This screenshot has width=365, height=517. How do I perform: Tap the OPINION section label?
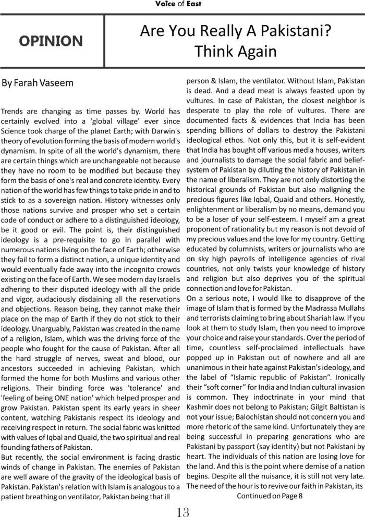pos(52,41)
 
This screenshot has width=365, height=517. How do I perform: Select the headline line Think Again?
pos(235,52)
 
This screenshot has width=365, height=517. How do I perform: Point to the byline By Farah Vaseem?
pos(38,83)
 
